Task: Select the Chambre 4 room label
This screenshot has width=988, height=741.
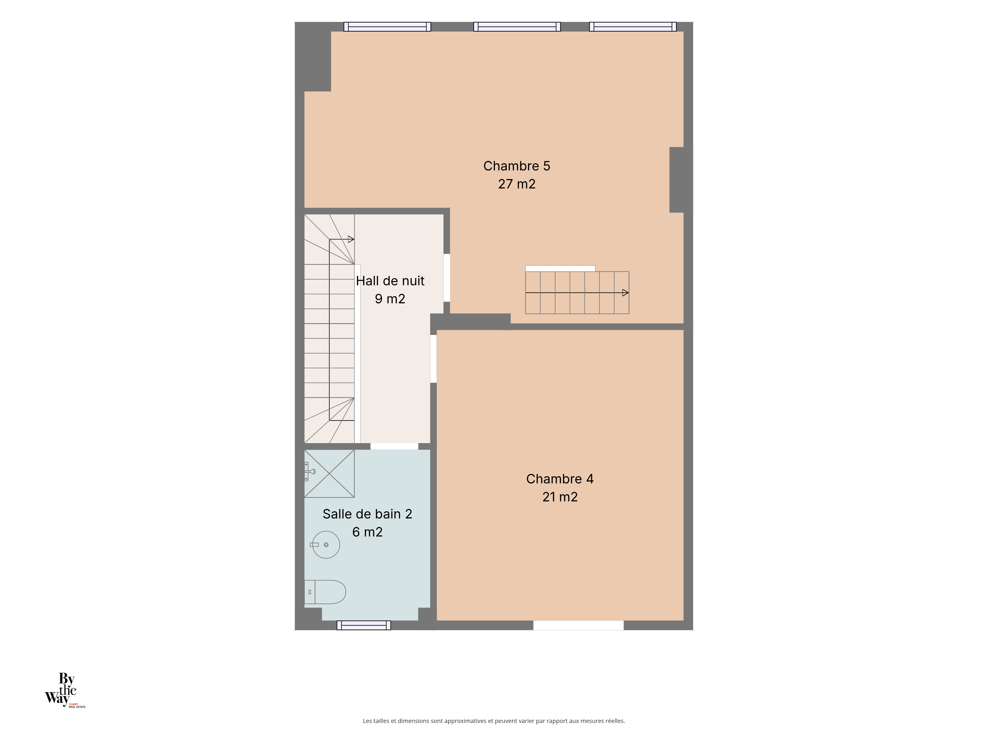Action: [x=560, y=479]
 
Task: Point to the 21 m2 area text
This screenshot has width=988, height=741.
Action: [x=560, y=497]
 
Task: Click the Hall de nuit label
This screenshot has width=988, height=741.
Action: [x=390, y=281]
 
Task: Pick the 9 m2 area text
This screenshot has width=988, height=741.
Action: [x=390, y=299]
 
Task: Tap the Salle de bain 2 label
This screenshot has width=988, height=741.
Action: [x=367, y=514]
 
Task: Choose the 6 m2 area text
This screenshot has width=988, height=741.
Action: [x=367, y=532]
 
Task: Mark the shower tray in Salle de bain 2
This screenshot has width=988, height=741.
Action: [x=329, y=473]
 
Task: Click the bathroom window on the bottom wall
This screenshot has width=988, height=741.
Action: [x=364, y=625]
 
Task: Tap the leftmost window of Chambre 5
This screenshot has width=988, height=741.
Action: [x=387, y=27]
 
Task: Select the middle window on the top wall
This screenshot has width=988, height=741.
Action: [x=517, y=27]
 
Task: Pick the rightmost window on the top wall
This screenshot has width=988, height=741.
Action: [x=633, y=27]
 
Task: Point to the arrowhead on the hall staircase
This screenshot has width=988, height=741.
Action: [x=351, y=239]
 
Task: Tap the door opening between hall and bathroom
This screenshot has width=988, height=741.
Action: [x=394, y=446]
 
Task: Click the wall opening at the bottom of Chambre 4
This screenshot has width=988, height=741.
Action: [x=578, y=625]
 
